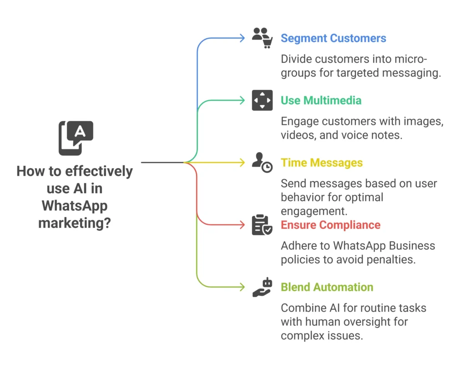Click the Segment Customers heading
(333, 38)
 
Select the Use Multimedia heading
(321, 100)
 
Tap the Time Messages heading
(321, 163)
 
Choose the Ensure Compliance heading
(330, 225)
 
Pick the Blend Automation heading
(327, 287)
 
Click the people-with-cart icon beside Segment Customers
(262, 38)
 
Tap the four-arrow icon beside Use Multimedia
(262, 100)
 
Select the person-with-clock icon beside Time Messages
(262, 163)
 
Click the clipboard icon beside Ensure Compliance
(262, 225)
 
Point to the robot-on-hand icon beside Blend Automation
(262, 287)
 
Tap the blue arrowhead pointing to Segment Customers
(243, 38)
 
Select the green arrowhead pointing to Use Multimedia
(243, 100)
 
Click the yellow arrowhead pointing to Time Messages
(243, 163)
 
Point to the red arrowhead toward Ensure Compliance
(243, 225)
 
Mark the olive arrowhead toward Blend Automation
(243, 287)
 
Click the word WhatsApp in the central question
(75, 206)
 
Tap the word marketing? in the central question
(75, 223)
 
